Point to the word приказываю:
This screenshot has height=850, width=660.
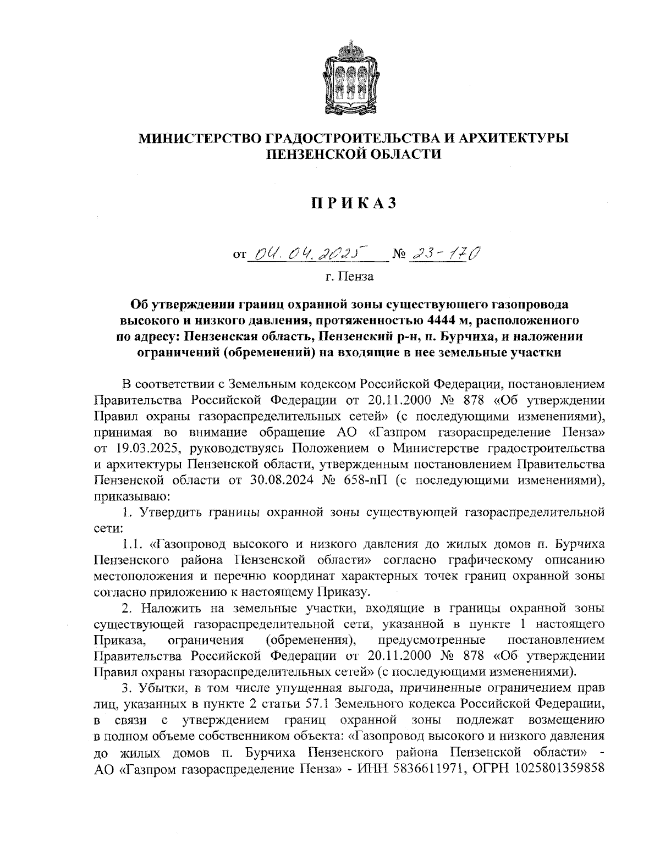(128, 496)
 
